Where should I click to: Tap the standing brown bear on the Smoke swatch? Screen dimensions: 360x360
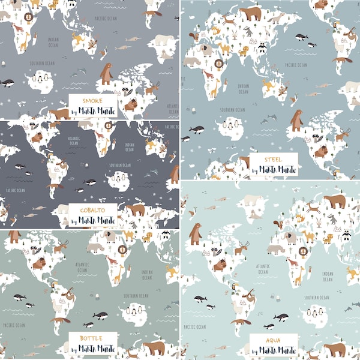pyautogui.click(x=106, y=74)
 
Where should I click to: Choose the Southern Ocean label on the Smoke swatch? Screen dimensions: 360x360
pyautogui.click(x=43, y=62)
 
